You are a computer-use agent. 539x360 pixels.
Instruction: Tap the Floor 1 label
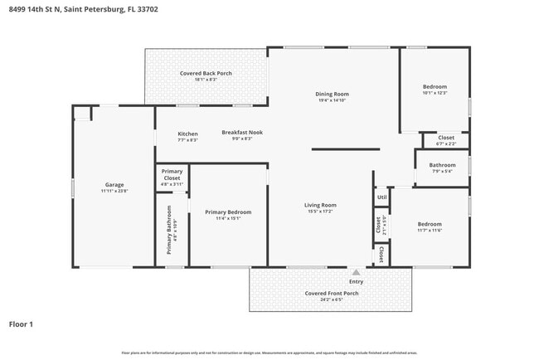pyautogui.click(x=21, y=324)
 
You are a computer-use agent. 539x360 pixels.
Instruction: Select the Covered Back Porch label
pyautogui.click(x=206, y=73)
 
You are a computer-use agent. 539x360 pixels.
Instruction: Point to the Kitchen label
pyautogui.click(x=187, y=134)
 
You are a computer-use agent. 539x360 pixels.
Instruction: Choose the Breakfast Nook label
pyautogui.click(x=241, y=132)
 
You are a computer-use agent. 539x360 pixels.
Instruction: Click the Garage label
pyautogui.click(x=114, y=184)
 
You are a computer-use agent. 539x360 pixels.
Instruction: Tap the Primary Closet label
pyautogui.click(x=172, y=175)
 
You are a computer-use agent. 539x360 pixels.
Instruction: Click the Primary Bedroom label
pyautogui.click(x=228, y=212)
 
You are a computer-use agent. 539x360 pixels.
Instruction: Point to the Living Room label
pyautogui.click(x=319, y=205)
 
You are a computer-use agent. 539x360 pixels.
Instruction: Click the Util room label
pyautogui.click(x=381, y=197)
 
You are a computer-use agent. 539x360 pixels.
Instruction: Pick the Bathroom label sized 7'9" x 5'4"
pyautogui.click(x=442, y=165)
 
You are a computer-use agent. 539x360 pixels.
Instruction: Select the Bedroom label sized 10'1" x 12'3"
pyautogui.click(x=435, y=87)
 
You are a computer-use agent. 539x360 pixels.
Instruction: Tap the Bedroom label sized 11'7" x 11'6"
pyautogui.click(x=430, y=224)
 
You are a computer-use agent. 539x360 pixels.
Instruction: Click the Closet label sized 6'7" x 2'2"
pyautogui.click(x=446, y=138)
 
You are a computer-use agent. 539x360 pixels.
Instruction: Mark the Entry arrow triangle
pyautogui.click(x=356, y=271)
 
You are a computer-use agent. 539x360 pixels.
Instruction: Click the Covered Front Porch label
pyautogui.click(x=331, y=294)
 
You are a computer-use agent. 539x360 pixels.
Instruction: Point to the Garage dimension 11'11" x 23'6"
pyautogui.click(x=114, y=191)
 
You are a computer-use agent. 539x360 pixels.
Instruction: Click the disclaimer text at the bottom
pyautogui.click(x=269, y=353)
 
